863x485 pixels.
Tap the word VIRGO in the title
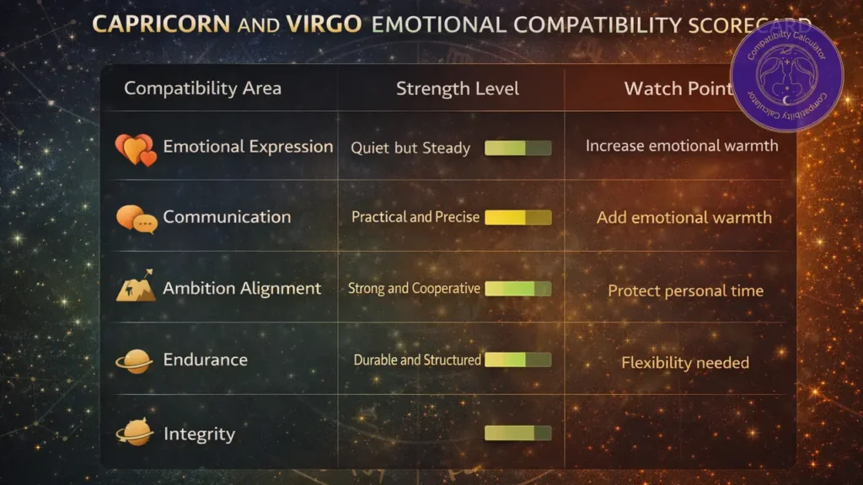324,24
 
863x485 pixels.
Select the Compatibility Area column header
202,88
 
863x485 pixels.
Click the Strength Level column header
458,88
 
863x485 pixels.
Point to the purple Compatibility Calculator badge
786,76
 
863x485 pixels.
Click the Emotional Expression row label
248,147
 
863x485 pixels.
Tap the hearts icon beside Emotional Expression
136,149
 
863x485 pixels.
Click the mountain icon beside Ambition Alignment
136,288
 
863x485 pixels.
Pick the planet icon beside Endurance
135,360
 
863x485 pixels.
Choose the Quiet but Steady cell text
410,148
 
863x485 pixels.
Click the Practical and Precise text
415,217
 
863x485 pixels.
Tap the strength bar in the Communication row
517,217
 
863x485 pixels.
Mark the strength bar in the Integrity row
517,433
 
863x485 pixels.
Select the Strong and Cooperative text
414,289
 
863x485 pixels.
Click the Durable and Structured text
417,360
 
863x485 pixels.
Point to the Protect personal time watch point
685,290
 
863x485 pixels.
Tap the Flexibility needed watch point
685,363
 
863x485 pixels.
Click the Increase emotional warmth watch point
682,146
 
